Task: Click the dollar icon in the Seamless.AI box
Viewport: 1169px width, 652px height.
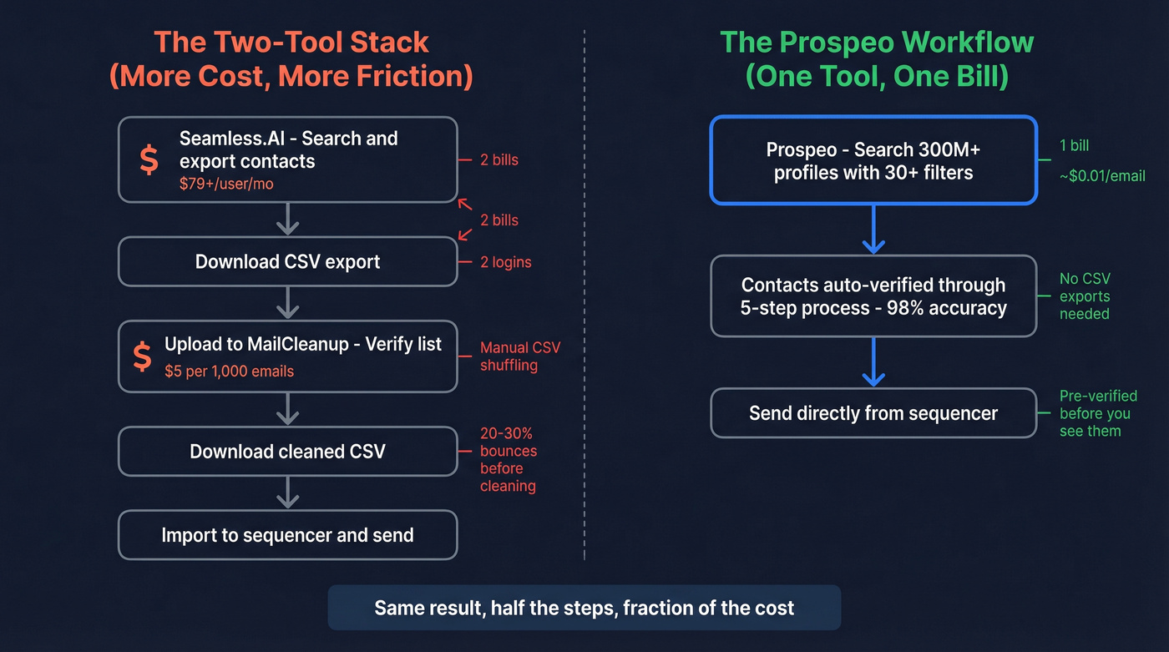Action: pos(149,159)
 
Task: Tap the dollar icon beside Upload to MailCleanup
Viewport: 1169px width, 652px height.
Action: pos(143,356)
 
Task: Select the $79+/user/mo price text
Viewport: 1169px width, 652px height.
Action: pos(226,184)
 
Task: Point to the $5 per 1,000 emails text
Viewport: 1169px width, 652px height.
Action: pos(229,371)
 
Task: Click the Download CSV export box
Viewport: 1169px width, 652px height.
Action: pos(287,261)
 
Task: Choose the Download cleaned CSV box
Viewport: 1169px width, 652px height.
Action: pos(287,452)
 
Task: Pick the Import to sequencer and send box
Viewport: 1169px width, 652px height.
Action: pos(287,535)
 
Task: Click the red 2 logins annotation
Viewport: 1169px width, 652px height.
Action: pos(505,262)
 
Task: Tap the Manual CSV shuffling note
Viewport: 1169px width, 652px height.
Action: pos(519,356)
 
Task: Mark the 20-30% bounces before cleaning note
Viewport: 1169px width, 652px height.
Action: pos(509,460)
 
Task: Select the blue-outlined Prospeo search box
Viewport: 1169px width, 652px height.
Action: pos(873,161)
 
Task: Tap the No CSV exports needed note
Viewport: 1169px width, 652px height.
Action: pos(1085,296)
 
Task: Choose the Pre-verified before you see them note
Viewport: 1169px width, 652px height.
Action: pos(1094,413)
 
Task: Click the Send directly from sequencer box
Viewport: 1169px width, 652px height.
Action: pos(873,413)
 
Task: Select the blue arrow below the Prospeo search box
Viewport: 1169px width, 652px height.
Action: pos(873,230)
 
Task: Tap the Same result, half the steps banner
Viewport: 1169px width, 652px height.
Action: pos(584,608)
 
